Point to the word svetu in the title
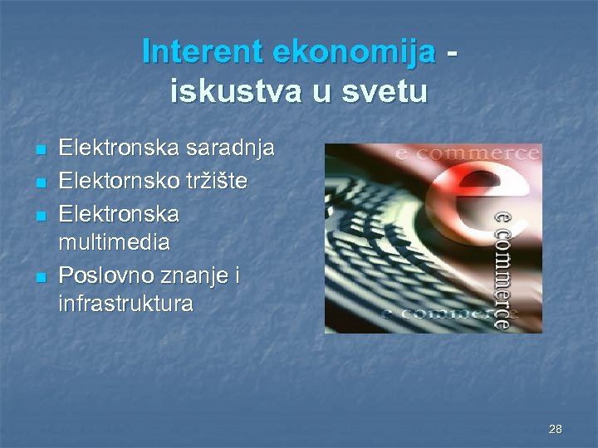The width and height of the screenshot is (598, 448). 382,90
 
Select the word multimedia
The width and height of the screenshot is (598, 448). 115,242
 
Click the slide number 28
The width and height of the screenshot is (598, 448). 556,429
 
